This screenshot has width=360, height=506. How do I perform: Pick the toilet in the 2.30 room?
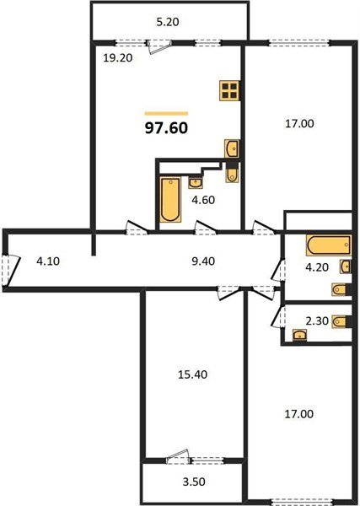click(x=339, y=320)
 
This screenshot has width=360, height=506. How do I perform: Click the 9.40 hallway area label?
click(x=202, y=261)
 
